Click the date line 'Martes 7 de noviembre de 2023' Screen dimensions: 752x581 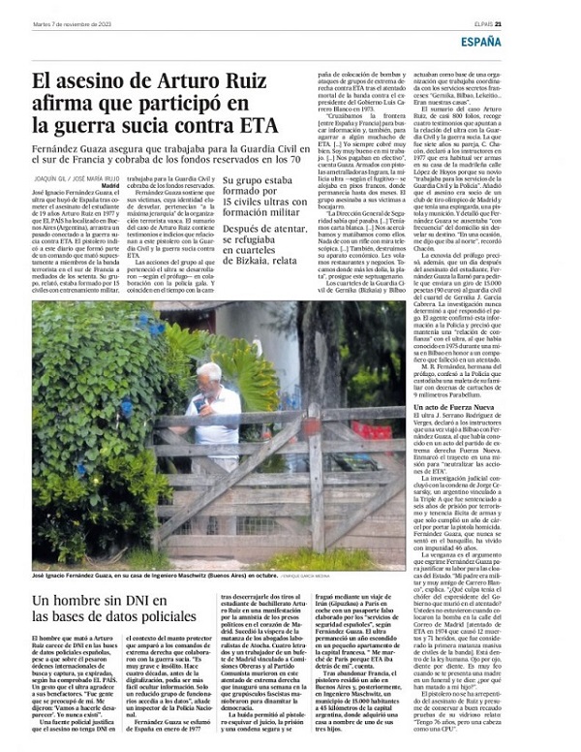pyautogui.click(x=73, y=13)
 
